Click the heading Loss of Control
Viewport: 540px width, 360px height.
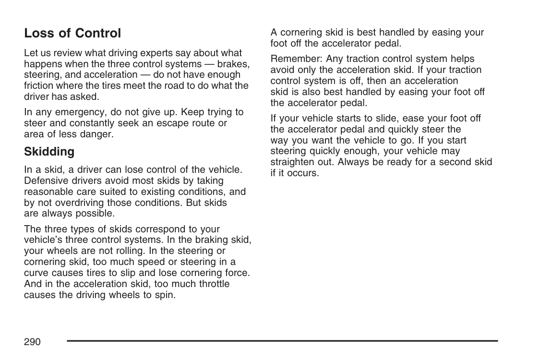tap(72, 34)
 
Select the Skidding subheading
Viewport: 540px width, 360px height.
tap(49, 152)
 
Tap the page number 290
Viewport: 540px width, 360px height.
tap(32, 342)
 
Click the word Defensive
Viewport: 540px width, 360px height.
tap(45, 181)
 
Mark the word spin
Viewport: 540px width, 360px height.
tap(166, 295)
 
